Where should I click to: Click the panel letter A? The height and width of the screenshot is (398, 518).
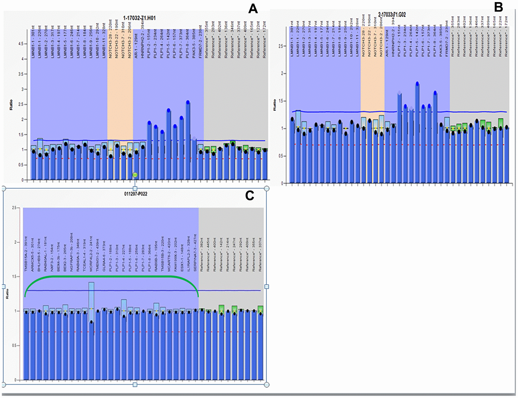coord(253,9)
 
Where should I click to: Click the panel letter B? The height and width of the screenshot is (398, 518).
coord(498,7)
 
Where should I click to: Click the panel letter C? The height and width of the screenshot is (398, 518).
coord(249,196)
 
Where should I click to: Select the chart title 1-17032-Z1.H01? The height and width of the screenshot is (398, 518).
coord(139,18)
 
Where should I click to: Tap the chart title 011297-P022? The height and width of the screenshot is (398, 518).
coord(135,194)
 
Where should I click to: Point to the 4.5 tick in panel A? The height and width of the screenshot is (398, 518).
coord(22,44)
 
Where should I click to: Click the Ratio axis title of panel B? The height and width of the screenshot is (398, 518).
coord(274,105)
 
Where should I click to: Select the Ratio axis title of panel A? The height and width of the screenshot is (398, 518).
coord(11,105)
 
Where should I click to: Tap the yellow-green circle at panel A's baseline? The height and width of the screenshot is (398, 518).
coord(135,175)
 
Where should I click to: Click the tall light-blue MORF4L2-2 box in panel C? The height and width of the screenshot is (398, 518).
coord(91,300)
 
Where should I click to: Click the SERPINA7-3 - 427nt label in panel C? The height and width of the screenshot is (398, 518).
coord(195,253)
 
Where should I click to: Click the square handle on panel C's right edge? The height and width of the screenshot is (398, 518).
coord(266,287)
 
